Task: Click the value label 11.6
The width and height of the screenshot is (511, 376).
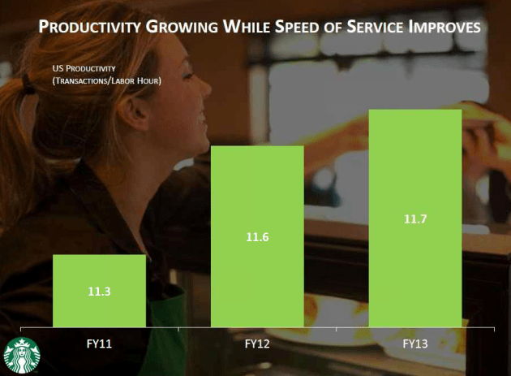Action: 257,237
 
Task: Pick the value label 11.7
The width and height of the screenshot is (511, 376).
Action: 414,218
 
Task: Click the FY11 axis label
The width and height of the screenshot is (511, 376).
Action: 99,344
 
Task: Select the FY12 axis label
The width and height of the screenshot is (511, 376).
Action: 257,344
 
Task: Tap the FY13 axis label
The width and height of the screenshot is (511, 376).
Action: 414,344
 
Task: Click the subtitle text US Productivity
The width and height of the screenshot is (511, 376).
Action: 84,67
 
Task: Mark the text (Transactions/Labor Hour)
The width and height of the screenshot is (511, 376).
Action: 105,80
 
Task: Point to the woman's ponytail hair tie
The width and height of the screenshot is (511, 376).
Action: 30,81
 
